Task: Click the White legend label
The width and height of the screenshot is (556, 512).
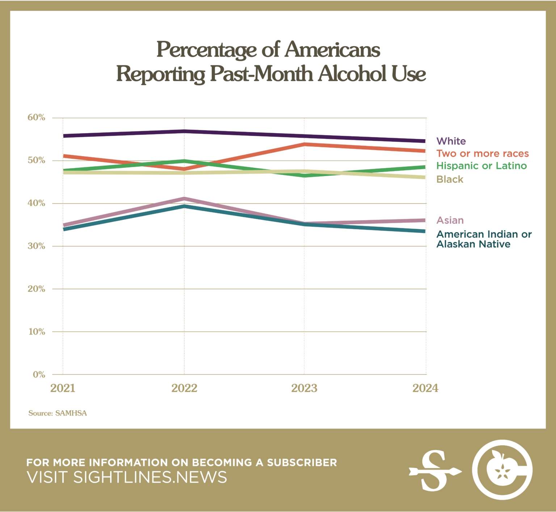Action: (x=451, y=141)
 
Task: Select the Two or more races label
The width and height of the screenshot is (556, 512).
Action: (x=483, y=153)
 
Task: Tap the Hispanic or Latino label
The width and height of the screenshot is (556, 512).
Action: (x=481, y=166)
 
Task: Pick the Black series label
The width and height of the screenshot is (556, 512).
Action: (x=450, y=179)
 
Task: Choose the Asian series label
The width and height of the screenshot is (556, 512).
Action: (x=450, y=220)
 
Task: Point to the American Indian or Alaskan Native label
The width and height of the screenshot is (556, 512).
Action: (x=484, y=239)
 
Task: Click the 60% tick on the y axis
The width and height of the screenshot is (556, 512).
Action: (x=36, y=118)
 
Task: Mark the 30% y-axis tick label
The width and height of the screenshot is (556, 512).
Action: (x=36, y=246)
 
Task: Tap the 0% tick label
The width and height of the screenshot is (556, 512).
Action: (x=39, y=375)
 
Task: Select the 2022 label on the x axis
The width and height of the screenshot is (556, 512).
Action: (x=184, y=388)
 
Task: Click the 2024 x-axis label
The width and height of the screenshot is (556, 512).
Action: (x=425, y=388)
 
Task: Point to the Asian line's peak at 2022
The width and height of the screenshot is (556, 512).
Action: (x=184, y=199)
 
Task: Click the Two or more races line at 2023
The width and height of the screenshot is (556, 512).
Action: (x=304, y=144)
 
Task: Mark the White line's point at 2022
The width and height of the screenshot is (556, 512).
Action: (x=184, y=131)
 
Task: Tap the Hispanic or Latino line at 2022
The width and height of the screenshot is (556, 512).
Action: (x=184, y=161)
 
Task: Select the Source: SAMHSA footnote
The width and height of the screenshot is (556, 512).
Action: (x=58, y=413)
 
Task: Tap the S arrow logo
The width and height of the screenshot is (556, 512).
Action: (x=435, y=470)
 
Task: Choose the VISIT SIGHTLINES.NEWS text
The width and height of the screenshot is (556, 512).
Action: (x=127, y=477)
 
